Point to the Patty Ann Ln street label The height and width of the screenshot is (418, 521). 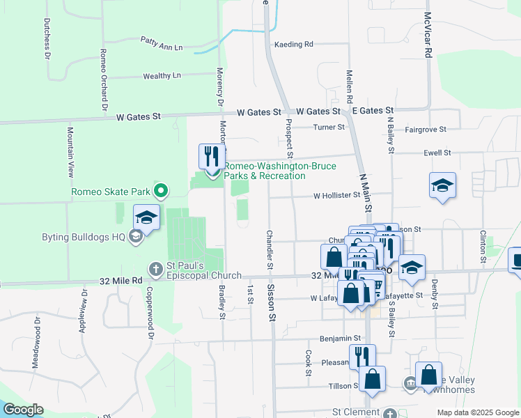coord(161,43)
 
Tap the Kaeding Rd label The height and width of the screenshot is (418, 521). coord(294,44)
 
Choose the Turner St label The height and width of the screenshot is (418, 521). coord(329,127)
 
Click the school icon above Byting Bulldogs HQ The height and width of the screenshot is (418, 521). coord(146,217)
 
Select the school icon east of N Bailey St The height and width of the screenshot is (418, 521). coord(442,185)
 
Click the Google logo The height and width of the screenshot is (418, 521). coord(24,410)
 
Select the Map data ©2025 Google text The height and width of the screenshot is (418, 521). coord(477,412)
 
